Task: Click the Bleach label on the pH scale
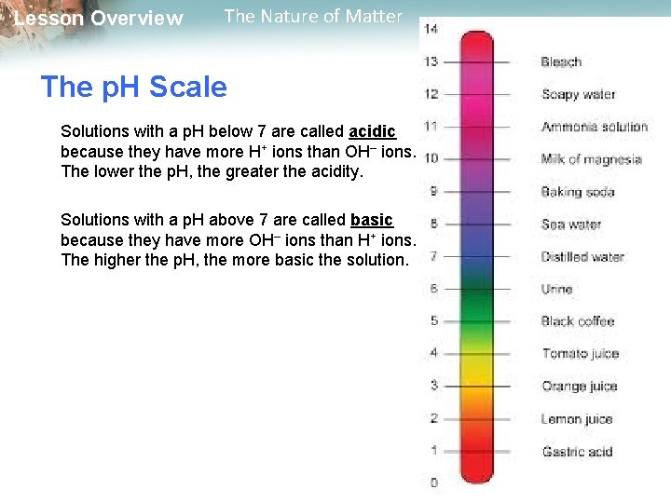pos(561,62)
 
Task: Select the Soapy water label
pos(579,94)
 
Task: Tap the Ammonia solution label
pos(594,127)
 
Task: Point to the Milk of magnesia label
pos(591,159)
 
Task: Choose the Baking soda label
pos(577,192)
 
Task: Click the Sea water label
pos(571,224)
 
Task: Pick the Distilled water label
pos(582,257)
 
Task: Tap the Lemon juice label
pos(577,419)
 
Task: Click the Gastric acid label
pos(577,452)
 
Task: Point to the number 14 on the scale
pos(431,30)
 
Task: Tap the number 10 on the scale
pos(431,158)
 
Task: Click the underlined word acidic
pos(372,131)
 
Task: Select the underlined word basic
pos(372,220)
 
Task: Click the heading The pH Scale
pos(134,88)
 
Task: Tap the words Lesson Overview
pos(99,19)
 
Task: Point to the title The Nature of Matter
pos(313,16)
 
